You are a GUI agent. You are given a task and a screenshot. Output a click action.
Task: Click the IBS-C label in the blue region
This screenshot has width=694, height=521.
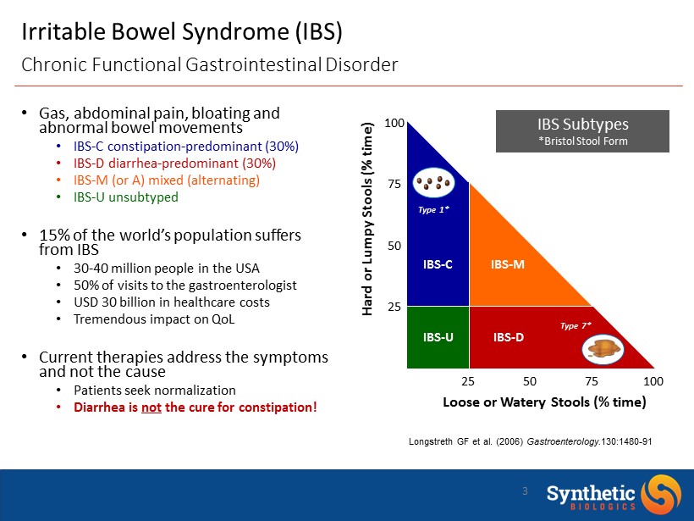438,264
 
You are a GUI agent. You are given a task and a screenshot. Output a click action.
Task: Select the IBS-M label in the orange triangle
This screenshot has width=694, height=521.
508,264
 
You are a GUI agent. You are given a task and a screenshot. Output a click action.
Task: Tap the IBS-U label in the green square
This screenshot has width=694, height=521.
438,337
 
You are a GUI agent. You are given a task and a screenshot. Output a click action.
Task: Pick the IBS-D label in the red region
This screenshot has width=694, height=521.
508,337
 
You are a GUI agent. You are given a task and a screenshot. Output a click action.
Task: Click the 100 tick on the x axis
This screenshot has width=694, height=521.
653,381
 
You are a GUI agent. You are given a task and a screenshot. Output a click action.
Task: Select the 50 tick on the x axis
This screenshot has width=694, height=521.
531,381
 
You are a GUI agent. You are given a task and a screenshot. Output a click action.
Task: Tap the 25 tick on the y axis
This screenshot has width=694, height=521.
394,307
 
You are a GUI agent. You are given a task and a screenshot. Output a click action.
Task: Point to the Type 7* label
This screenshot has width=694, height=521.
576,324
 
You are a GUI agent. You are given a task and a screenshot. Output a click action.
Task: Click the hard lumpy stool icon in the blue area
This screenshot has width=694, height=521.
437,182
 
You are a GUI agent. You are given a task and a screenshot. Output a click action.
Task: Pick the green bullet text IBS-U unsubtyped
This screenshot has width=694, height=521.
126,197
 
